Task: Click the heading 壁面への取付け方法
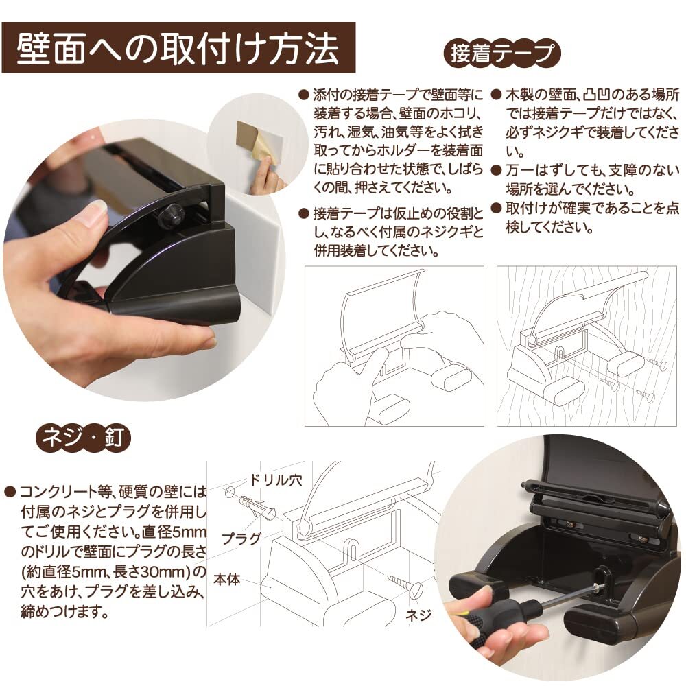click(x=178, y=48)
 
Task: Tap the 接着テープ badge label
click(x=502, y=54)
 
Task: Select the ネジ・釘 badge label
click(x=84, y=438)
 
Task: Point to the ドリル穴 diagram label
click(x=276, y=480)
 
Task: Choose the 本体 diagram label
click(x=227, y=580)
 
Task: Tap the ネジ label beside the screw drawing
click(x=418, y=615)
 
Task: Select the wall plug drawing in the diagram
click(x=257, y=508)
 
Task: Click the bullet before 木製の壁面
click(x=496, y=95)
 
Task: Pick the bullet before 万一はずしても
click(x=496, y=170)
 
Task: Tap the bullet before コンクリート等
click(x=10, y=491)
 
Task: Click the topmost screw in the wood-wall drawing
click(x=657, y=364)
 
